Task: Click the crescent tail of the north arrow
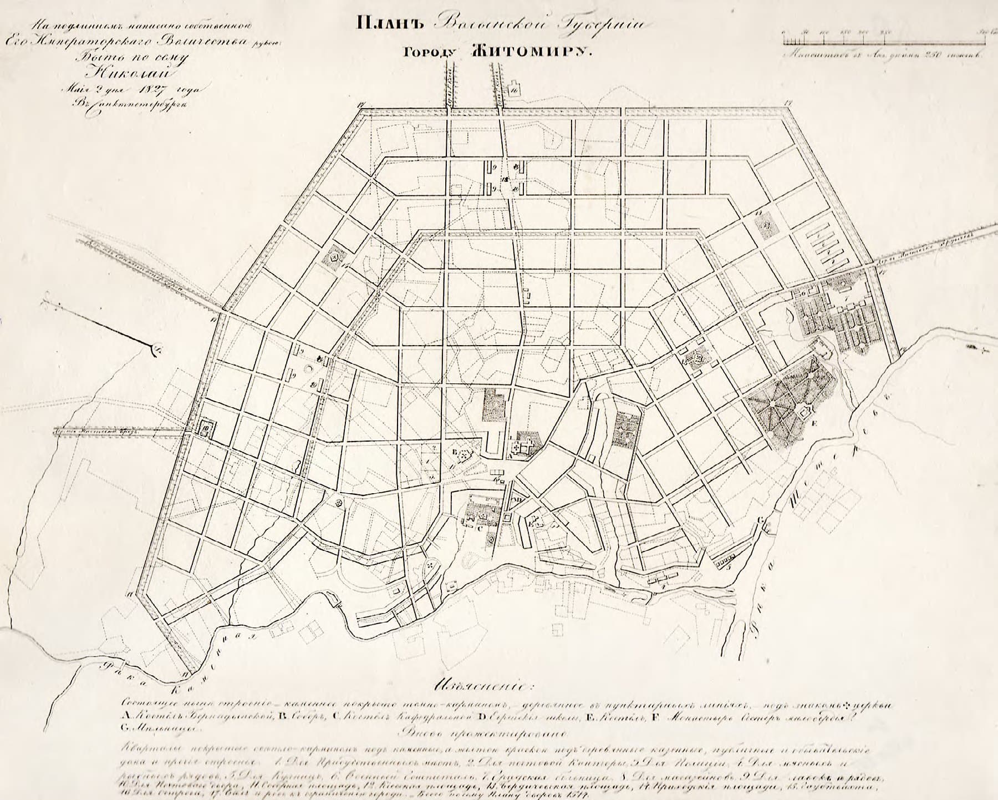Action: click(156, 350)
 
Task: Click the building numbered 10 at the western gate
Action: click(205, 428)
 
